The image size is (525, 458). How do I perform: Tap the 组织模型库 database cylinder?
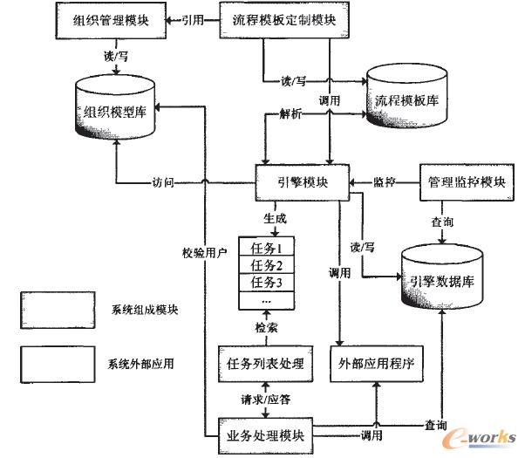(x=118, y=108)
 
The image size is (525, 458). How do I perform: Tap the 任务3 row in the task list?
(x=267, y=283)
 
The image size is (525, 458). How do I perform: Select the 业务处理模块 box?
(x=265, y=433)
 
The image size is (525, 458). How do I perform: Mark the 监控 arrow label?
(x=385, y=182)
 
